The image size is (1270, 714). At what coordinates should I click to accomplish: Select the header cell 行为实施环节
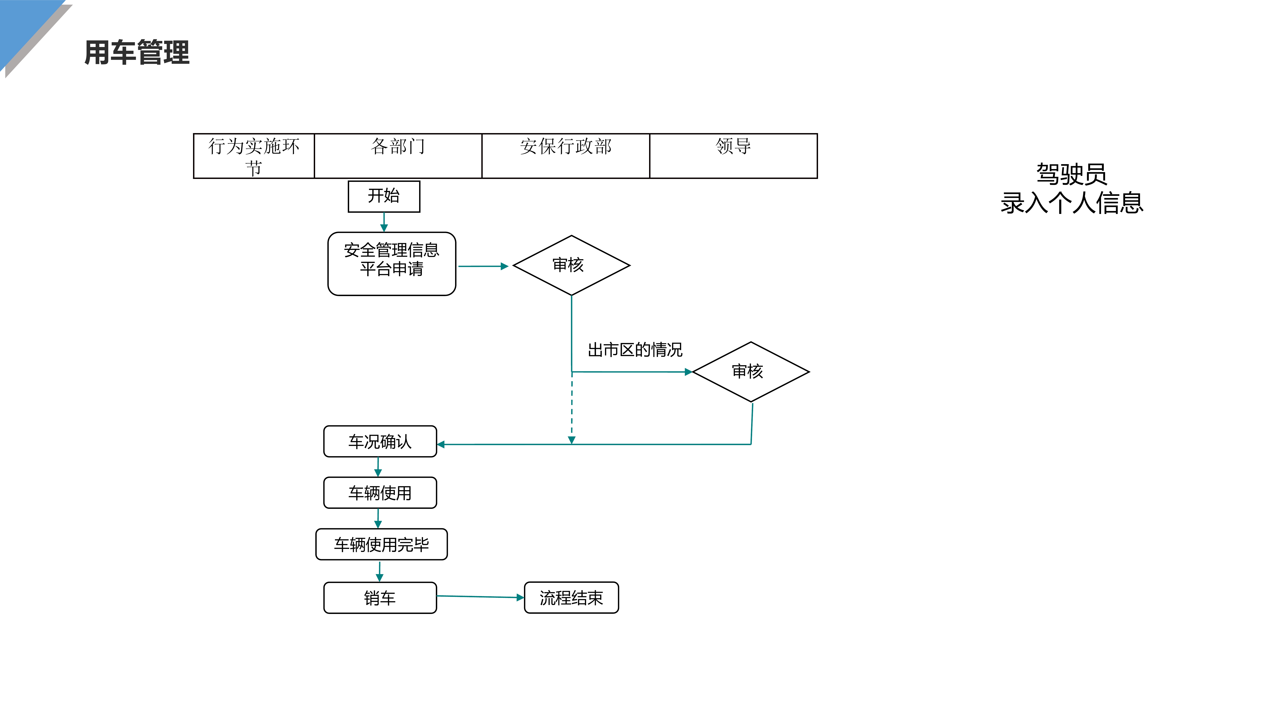[253, 156]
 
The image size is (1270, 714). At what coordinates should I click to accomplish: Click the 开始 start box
[384, 196]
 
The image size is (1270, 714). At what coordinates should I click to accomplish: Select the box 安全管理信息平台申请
[392, 264]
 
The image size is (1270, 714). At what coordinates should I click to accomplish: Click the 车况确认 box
[380, 441]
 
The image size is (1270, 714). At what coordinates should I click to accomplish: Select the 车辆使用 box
[380, 493]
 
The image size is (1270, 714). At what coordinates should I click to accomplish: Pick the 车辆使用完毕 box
[381, 545]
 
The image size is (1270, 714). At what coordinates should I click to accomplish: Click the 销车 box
[380, 598]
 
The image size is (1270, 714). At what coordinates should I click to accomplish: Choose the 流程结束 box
[571, 598]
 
